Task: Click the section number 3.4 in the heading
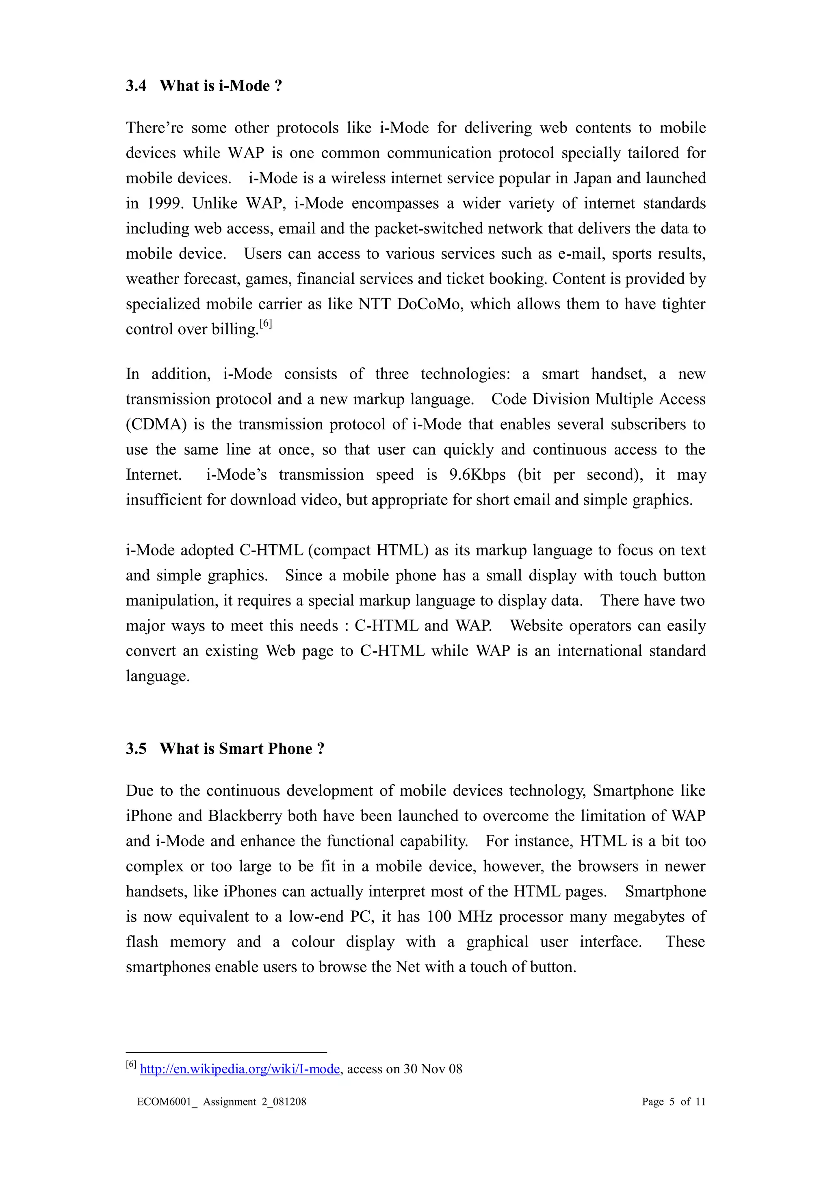136,86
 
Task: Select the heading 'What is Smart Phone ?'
242,748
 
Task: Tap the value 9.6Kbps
477,475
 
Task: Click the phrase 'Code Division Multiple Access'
598,399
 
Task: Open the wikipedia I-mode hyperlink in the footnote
240,1069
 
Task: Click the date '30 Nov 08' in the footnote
433,1069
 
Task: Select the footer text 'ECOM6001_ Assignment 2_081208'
221,1102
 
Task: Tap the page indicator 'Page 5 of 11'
673,1102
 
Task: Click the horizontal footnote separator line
226,1053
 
